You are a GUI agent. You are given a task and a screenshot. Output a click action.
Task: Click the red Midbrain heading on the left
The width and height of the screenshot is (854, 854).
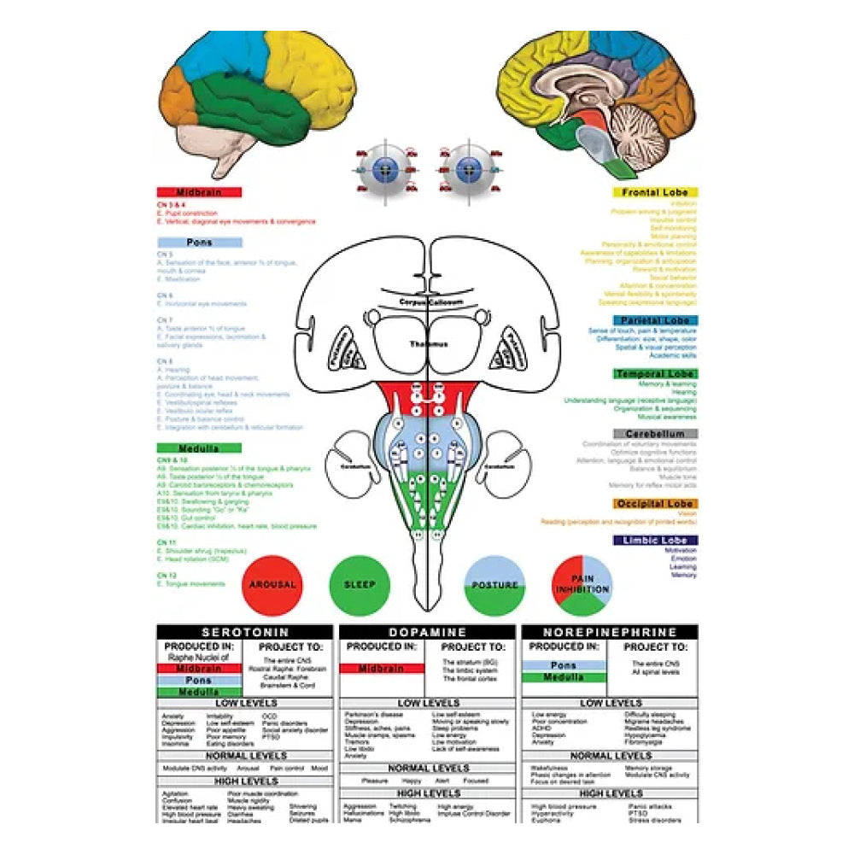(x=199, y=193)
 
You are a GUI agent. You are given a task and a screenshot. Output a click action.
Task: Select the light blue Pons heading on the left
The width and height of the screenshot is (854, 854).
(x=199, y=243)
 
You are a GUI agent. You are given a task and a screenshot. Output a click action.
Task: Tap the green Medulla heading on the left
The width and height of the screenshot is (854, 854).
(x=199, y=448)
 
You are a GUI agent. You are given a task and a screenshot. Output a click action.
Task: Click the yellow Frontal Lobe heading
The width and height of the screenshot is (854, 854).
(x=655, y=193)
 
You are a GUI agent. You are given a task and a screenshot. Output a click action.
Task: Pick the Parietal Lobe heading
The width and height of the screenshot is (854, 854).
(x=655, y=321)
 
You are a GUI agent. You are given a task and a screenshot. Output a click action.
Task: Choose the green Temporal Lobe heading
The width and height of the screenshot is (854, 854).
(x=655, y=374)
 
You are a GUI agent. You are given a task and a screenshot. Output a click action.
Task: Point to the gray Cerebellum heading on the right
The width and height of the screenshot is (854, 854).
(x=655, y=434)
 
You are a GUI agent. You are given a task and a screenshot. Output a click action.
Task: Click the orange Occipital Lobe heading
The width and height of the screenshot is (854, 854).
(x=655, y=504)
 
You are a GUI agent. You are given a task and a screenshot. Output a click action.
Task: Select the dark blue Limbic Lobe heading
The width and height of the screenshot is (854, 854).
(x=655, y=541)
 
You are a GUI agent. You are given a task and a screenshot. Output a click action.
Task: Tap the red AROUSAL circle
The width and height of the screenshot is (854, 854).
(x=272, y=585)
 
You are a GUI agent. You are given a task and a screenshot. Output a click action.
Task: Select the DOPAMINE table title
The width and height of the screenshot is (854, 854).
(x=427, y=633)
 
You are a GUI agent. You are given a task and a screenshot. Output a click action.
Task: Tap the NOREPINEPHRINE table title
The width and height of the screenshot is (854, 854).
(x=610, y=633)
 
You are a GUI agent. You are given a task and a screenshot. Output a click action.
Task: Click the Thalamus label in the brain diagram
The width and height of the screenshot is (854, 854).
(x=427, y=345)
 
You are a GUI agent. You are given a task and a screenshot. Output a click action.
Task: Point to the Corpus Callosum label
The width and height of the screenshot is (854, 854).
(x=427, y=302)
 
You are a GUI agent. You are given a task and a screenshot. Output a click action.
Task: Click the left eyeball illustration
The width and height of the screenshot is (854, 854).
(x=385, y=168)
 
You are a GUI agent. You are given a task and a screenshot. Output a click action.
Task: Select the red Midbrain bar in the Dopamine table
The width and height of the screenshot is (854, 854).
(x=382, y=669)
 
